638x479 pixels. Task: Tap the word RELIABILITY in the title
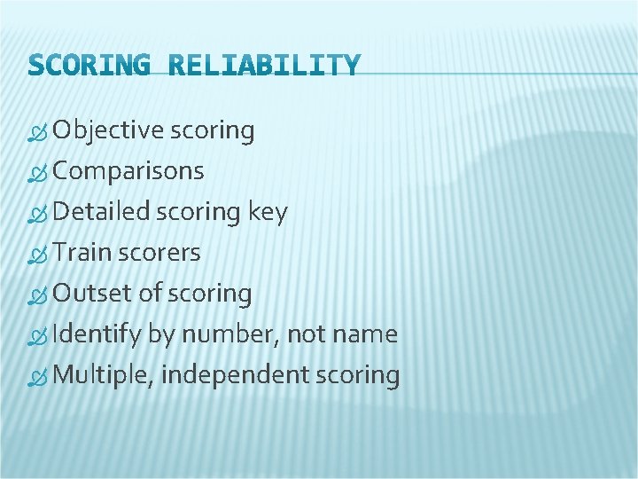pos(263,66)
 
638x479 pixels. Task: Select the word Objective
pos(108,131)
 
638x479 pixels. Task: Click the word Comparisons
pos(128,172)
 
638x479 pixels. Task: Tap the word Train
pos(82,253)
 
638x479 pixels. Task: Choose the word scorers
pos(159,254)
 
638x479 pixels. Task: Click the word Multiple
pos(103,376)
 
